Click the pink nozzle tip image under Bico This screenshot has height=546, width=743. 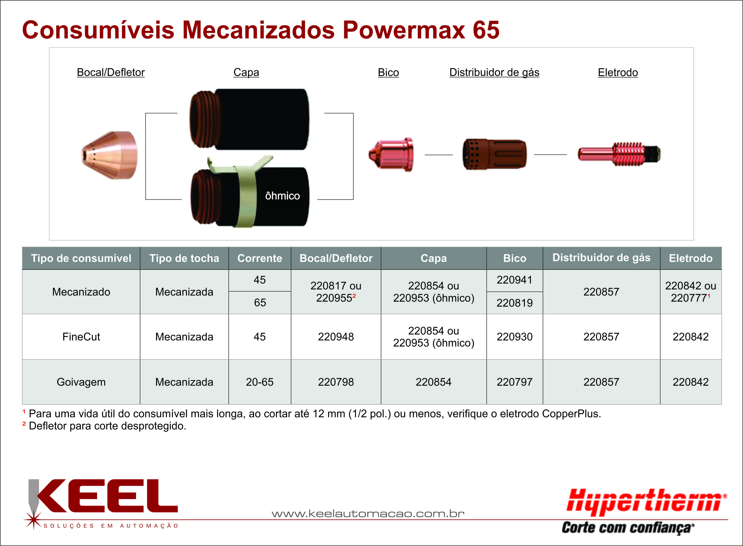tap(391, 154)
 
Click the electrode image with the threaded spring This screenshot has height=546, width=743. tap(619, 154)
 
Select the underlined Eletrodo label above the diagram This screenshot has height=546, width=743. tap(618, 72)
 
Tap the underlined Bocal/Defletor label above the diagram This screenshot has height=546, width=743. tap(111, 72)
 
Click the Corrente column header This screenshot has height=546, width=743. tap(260, 258)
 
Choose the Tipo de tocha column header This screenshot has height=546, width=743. tap(184, 258)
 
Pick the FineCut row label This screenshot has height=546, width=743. tap(81, 337)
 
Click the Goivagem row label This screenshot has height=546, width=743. tap(81, 382)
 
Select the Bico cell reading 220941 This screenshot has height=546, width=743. tap(514, 280)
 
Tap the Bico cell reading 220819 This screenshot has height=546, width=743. tap(514, 303)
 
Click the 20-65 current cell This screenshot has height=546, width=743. tap(260, 382)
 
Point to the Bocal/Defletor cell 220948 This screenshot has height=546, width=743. tap(336, 337)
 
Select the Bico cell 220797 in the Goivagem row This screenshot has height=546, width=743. tap(514, 382)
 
